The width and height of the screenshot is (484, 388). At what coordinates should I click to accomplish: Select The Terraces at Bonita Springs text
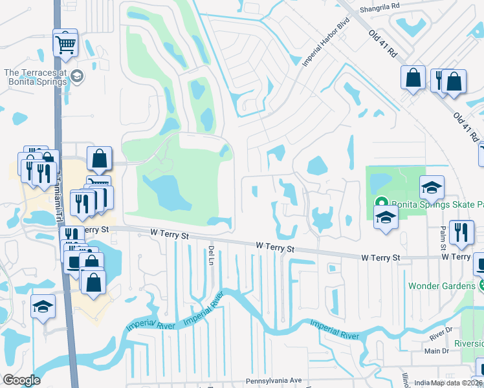click(x=36, y=77)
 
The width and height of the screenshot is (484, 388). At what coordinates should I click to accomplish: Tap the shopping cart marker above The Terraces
click(x=65, y=44)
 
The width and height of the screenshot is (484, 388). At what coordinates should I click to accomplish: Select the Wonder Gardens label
click(x=441, y=285)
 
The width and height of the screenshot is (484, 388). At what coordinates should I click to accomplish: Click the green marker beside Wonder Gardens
click(x=481, y=285)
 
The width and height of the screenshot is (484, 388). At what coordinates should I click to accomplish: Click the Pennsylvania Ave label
click(x=274, y=381)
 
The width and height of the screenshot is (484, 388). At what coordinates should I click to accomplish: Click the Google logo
click(x=21, y=380)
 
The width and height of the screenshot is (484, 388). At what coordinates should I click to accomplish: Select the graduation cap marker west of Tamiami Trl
click(x=43, y=307)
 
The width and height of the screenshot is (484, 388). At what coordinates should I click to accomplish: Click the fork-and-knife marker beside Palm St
click(x=460, y=233)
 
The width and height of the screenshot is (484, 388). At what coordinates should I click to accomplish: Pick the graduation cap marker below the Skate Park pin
click(x=386, y=218)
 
